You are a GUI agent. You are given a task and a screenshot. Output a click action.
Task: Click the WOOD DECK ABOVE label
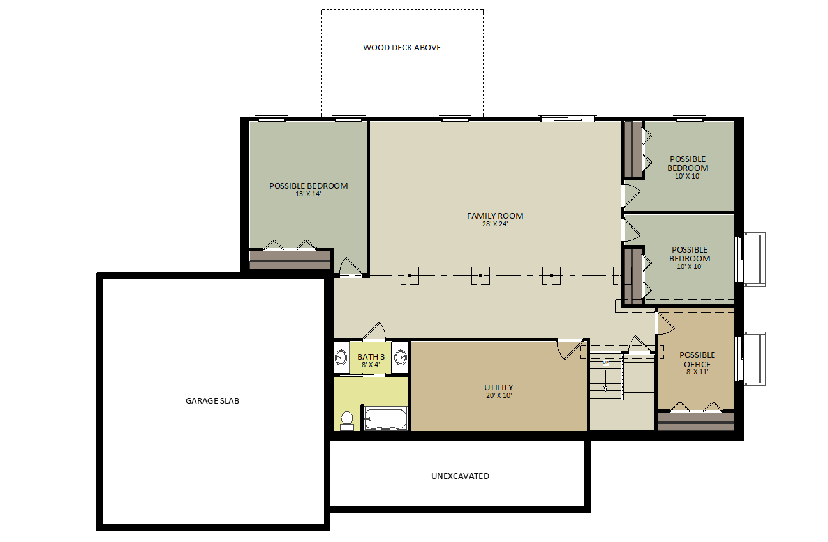402,48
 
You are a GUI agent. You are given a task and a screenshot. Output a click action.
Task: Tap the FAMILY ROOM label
495,216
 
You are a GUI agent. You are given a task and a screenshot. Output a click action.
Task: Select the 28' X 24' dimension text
495,224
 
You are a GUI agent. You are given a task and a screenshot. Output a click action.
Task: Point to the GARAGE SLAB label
212,401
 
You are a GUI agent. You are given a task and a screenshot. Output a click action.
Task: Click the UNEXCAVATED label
460,476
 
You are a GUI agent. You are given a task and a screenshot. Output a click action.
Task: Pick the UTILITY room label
499,387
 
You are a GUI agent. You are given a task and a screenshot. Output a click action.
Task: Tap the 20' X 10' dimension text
499,395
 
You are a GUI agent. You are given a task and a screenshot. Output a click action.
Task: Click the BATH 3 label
371,357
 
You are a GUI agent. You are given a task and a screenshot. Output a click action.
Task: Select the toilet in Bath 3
347,421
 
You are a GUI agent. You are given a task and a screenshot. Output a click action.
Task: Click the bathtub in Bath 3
385,419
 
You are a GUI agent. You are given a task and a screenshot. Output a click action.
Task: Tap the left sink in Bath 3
341,358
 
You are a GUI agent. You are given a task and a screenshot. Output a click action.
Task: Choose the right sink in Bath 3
401,358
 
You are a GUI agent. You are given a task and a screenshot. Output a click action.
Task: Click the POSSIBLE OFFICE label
697,360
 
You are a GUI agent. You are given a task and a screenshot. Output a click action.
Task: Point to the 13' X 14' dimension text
308,194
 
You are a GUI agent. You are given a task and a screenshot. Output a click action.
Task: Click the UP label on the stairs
606,362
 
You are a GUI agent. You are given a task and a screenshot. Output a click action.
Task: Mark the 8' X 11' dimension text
697,372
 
